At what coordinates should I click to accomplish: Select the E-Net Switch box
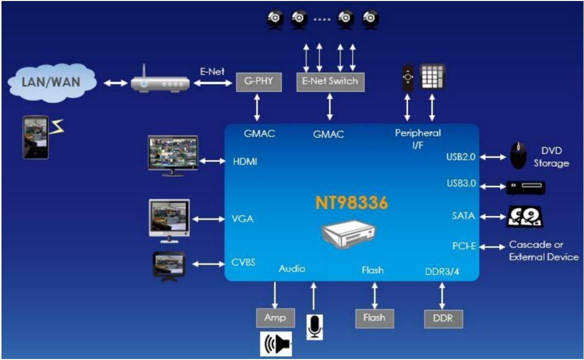point(330,81)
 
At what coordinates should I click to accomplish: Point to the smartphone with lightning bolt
point(36,137)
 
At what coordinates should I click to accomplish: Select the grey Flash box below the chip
point(374,317)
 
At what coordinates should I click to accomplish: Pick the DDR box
point(442,318)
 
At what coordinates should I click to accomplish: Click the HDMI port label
point(245,162)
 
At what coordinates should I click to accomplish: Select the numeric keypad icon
point(432,76)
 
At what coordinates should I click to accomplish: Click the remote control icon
point(408,78)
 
